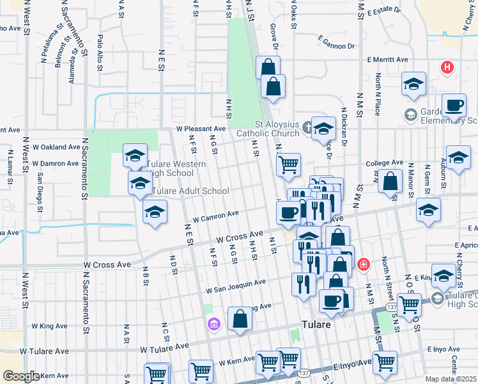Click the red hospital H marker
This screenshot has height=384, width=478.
(447, 67)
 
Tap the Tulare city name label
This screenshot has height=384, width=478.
(317, 324)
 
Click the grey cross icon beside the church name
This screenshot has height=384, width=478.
(307, 125)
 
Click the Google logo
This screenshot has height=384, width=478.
(21, 376)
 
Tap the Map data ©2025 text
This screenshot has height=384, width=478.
(451, 379)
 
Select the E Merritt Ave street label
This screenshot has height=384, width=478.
(387, 60)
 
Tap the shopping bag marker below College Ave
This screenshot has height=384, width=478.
(390, 182)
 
